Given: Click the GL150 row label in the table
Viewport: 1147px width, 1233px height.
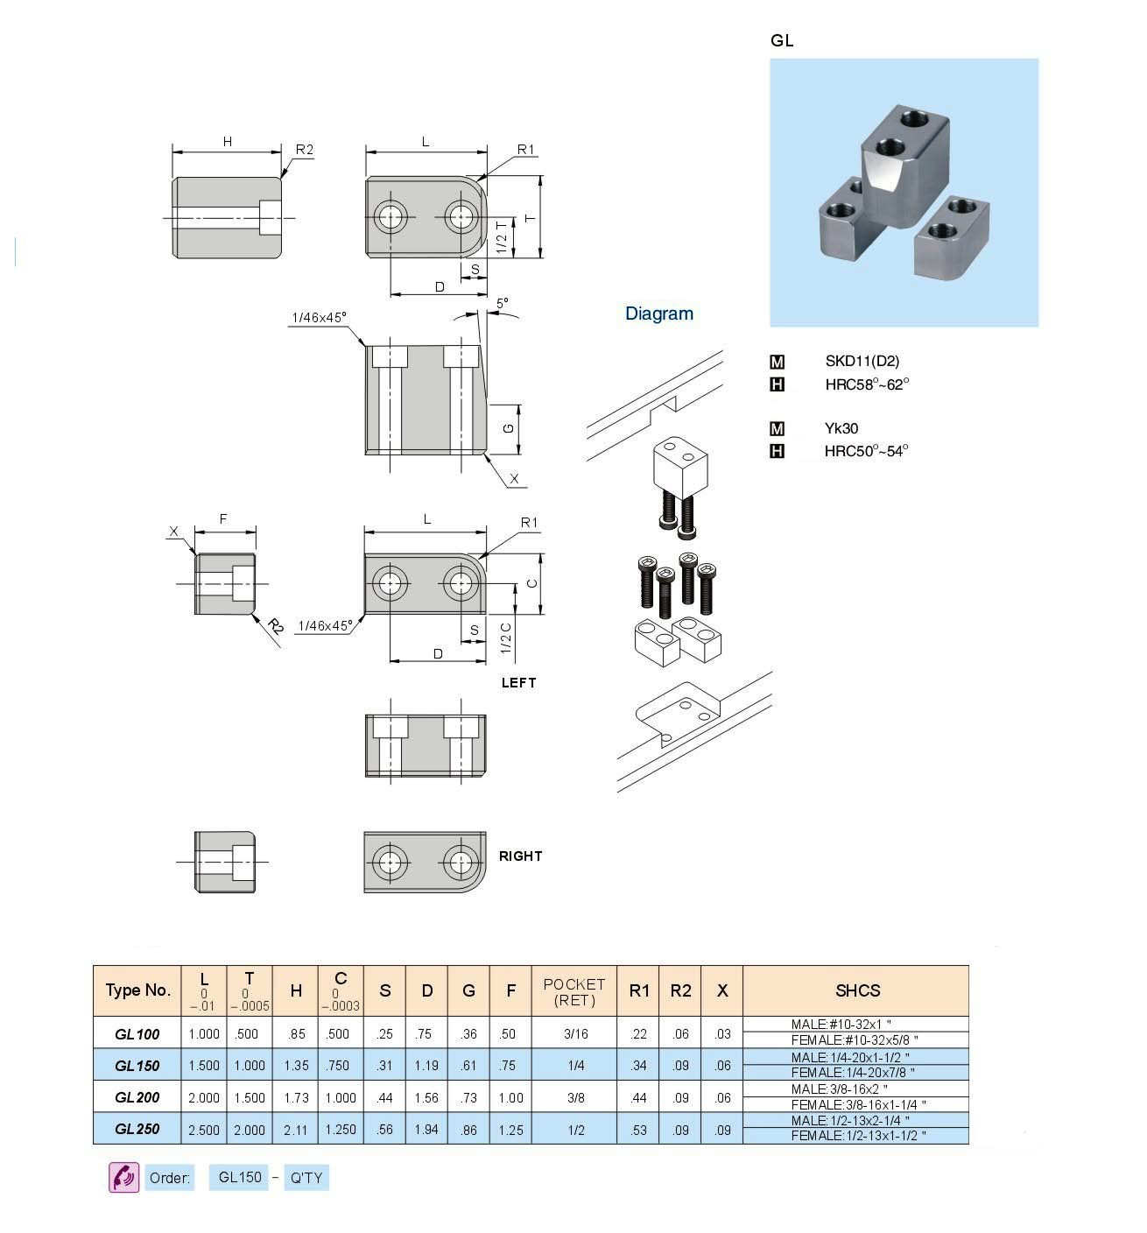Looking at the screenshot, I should point(137,1066).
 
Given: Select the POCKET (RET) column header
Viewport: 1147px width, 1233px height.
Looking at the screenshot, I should point(574,991).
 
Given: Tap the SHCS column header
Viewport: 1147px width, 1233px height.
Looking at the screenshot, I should point(856,990).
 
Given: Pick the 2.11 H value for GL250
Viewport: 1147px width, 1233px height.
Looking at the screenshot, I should point(296,1130).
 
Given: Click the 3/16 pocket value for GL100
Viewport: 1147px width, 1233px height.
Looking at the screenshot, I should point(575,1034).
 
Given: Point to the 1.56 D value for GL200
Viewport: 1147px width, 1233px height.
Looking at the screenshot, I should point(426,1098).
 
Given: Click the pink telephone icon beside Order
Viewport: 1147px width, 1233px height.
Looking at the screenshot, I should point(123,1177).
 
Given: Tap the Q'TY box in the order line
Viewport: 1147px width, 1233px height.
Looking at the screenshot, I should point(306,1178).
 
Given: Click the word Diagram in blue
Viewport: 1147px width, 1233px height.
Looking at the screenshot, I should point(659,314).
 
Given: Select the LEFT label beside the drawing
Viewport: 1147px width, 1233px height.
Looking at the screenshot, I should point(518,682).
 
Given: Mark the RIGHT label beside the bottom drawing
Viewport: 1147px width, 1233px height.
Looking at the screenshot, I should point(520,856).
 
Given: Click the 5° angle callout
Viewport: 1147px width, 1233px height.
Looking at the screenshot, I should point(502,303).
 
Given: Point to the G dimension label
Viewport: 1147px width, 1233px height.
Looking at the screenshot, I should point(508,429).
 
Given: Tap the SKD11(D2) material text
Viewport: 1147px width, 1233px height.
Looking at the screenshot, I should point(862,361).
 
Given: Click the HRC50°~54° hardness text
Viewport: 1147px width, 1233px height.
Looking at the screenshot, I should point(866,451).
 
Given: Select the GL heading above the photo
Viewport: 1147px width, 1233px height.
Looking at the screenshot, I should point(782,40).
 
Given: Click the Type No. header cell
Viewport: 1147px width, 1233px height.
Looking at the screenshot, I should point(137,990).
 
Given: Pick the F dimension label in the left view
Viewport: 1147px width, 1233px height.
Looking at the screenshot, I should point(223,519).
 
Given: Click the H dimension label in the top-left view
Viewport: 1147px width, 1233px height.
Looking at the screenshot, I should point(228,141).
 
